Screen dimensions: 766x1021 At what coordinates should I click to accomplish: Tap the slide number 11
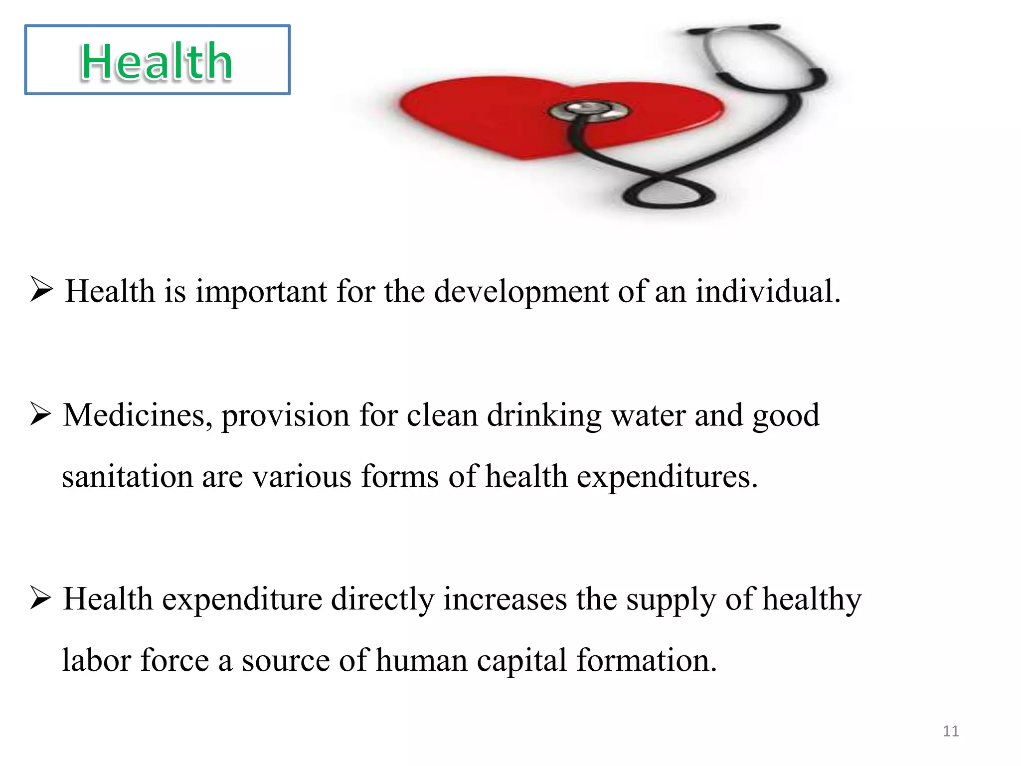[x=951, y=731]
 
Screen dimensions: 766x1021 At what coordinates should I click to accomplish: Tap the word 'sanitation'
[x=127, y=476]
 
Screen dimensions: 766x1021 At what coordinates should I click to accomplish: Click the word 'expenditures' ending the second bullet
[x=667, y=476]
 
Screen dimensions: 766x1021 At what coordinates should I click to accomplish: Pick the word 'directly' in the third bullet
[x=382, y=599]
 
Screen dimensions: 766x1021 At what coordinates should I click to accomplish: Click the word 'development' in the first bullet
[x=521, y=292]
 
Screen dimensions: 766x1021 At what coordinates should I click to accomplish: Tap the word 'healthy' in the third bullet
[x=812, y=600]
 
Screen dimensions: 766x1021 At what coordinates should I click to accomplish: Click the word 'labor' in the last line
[x=96, y=660]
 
